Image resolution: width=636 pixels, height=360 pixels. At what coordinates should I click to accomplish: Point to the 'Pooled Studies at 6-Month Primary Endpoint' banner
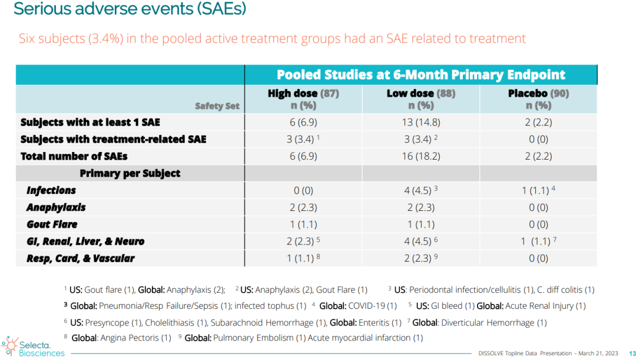tap(420, 75)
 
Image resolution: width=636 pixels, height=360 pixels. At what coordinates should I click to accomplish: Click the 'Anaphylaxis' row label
tap(56, 207)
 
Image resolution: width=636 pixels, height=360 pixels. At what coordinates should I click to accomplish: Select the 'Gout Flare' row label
tap(52, 224)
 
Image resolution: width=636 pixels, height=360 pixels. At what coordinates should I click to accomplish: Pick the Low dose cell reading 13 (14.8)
tap(420, 123)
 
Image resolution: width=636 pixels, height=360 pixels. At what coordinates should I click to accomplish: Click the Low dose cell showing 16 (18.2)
tap(420, 156)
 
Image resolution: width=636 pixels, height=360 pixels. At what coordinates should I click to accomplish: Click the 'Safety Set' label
tap(217, 107)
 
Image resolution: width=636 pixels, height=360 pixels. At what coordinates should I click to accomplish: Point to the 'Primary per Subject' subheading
tap(130, 173)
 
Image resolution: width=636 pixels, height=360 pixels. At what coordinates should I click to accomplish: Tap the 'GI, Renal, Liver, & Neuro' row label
tap(85, 242)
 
